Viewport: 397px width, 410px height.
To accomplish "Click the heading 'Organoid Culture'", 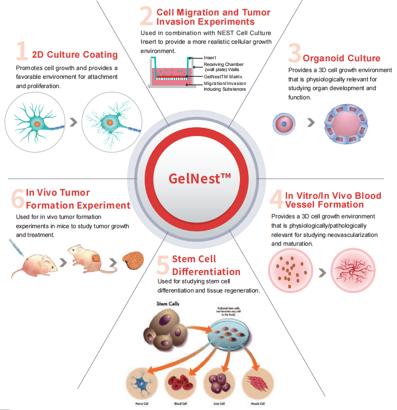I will coord(341,58).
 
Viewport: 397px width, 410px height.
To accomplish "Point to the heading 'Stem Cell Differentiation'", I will coord(206,265).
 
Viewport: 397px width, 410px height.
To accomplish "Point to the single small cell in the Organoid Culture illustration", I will coord(284,124).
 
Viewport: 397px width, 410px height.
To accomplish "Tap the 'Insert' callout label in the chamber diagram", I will coord(210,59).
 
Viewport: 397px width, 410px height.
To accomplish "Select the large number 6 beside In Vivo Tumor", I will coord(17,198).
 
